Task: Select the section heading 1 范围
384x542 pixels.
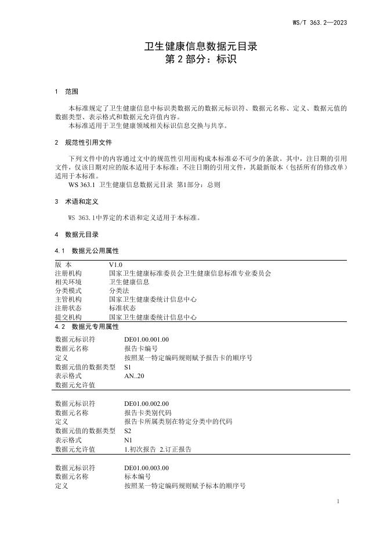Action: tap(66, 92)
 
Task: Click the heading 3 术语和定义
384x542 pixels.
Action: tap(76, 202)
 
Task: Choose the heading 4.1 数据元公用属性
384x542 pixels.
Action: tap(86, 251)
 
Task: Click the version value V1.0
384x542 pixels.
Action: tap(115, 264)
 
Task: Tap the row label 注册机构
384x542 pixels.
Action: tap(68, 273)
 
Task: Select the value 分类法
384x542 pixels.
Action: tap(118, 291)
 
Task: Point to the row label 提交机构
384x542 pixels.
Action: tap(68, 317)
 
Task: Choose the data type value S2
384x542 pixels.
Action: tap(128, 431)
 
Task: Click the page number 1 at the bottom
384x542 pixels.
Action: tap(338, 501)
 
